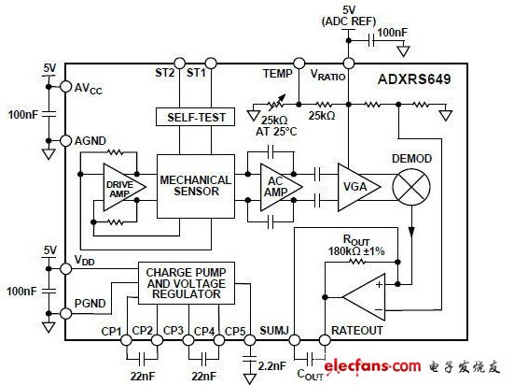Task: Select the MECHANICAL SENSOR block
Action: tap(189, 185)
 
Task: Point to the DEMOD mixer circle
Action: tap(410, 186)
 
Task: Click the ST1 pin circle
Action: tap(210, 63)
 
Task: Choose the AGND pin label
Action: tap(90, 142)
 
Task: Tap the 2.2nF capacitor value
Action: tap(271, 366)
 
